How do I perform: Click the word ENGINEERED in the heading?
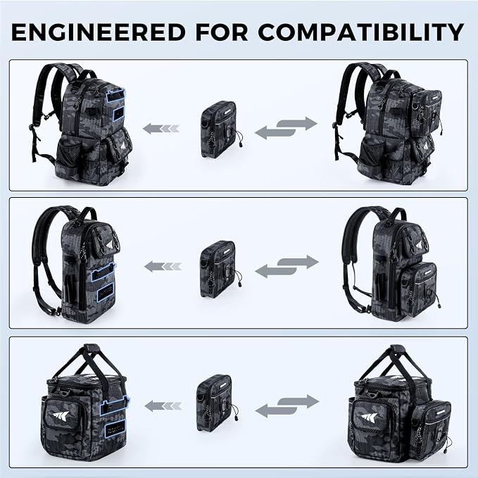click(99, 32)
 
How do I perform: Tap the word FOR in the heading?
click(222, 32)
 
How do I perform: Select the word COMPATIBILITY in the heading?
click(361, 32)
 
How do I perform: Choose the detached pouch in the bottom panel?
click(217, 403)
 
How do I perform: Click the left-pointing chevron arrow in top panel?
click(161, 128)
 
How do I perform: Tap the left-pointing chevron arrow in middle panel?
click(163, 267)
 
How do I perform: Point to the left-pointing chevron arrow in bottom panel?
click(163, 405)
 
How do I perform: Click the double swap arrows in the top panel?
click(286, 128)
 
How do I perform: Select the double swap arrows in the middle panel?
click(287, 267)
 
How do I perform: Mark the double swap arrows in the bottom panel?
click(287, 405)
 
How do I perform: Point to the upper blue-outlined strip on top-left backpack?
click(115, 95)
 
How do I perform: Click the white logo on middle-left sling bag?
click(111, 246)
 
